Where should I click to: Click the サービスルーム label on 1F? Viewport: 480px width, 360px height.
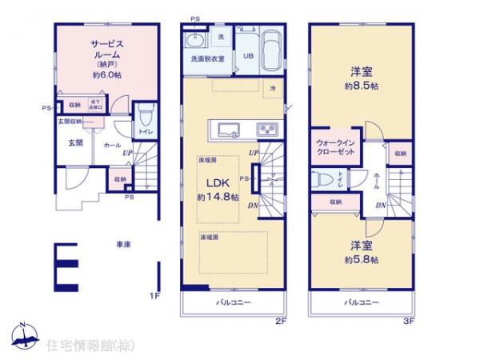coord(105,48)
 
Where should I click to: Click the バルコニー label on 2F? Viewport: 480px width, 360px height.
coord(234,303)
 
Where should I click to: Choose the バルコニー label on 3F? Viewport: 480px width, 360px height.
coord(362,303)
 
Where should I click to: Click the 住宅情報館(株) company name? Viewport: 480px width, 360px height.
coord(82,345)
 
